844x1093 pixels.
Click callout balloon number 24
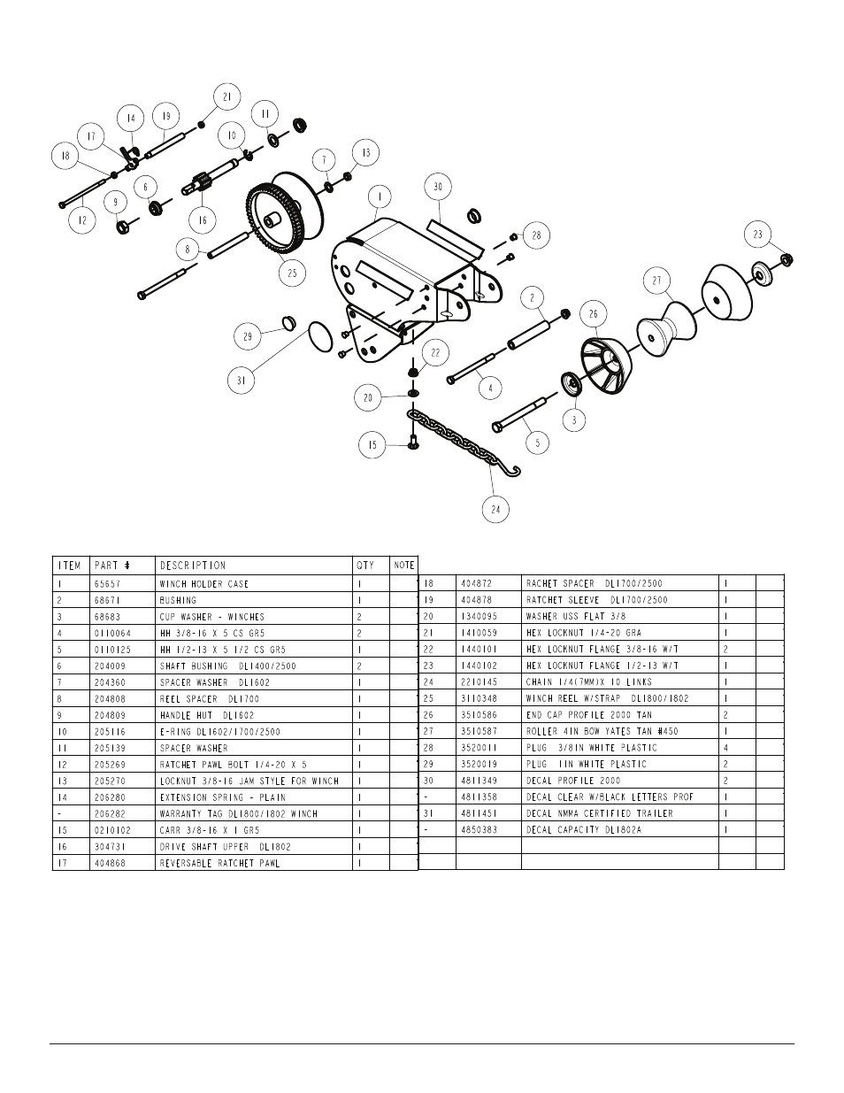(x=496, y=509)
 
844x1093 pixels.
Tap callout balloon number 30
(x=437, y=187)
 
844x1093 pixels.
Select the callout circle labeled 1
(x=380, y=196)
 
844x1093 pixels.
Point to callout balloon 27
(x=656, y=282)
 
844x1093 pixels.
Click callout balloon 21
(x=226, y=96)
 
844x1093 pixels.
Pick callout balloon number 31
(x=241, y=381)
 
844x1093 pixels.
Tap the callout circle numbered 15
(x=372, y=445)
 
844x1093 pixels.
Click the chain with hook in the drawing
(x=460, y=440)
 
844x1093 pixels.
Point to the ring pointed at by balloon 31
(x=324, y=336)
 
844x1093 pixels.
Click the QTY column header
(x=365, y=566)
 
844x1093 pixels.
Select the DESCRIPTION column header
(x=193, y=566)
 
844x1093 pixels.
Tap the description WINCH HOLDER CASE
(x=204, y=584)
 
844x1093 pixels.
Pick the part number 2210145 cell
(x=479, y=682)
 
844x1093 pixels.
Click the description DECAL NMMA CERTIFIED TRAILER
(x=599, y=813)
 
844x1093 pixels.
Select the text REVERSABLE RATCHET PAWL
(x=220, y=863)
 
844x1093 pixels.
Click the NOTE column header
(x=403, y=566)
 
